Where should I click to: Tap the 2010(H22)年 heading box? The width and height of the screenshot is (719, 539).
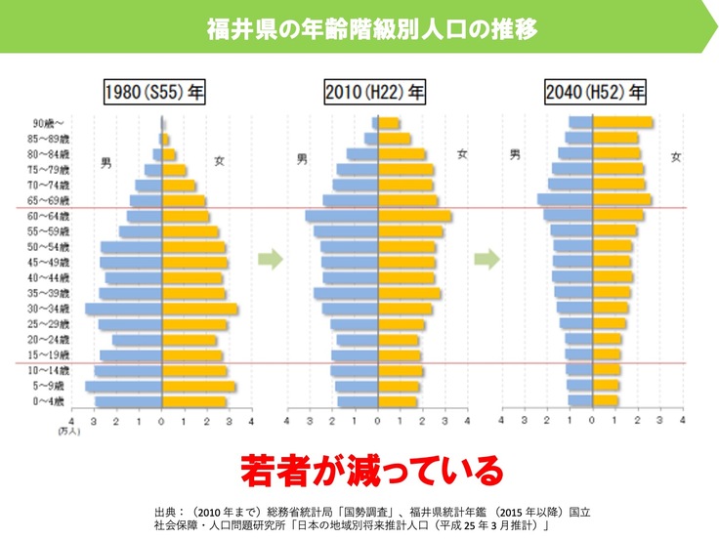point(375,94)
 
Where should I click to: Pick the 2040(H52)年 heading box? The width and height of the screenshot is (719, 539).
point(595,94)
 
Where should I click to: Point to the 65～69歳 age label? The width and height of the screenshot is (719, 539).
point(50,200)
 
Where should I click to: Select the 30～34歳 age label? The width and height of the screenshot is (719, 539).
point(50,309)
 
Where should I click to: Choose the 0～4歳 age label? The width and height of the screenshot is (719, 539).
point(50,401)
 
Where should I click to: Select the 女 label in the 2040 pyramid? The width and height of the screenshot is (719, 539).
point(676,156)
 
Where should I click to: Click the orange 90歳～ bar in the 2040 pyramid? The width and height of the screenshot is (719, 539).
point(622,123)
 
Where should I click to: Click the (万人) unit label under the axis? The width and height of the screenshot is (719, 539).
point(68,431)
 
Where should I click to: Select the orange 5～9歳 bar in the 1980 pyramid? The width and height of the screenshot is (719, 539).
point(198,386)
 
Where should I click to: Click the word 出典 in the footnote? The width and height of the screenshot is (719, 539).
point(168,512)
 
